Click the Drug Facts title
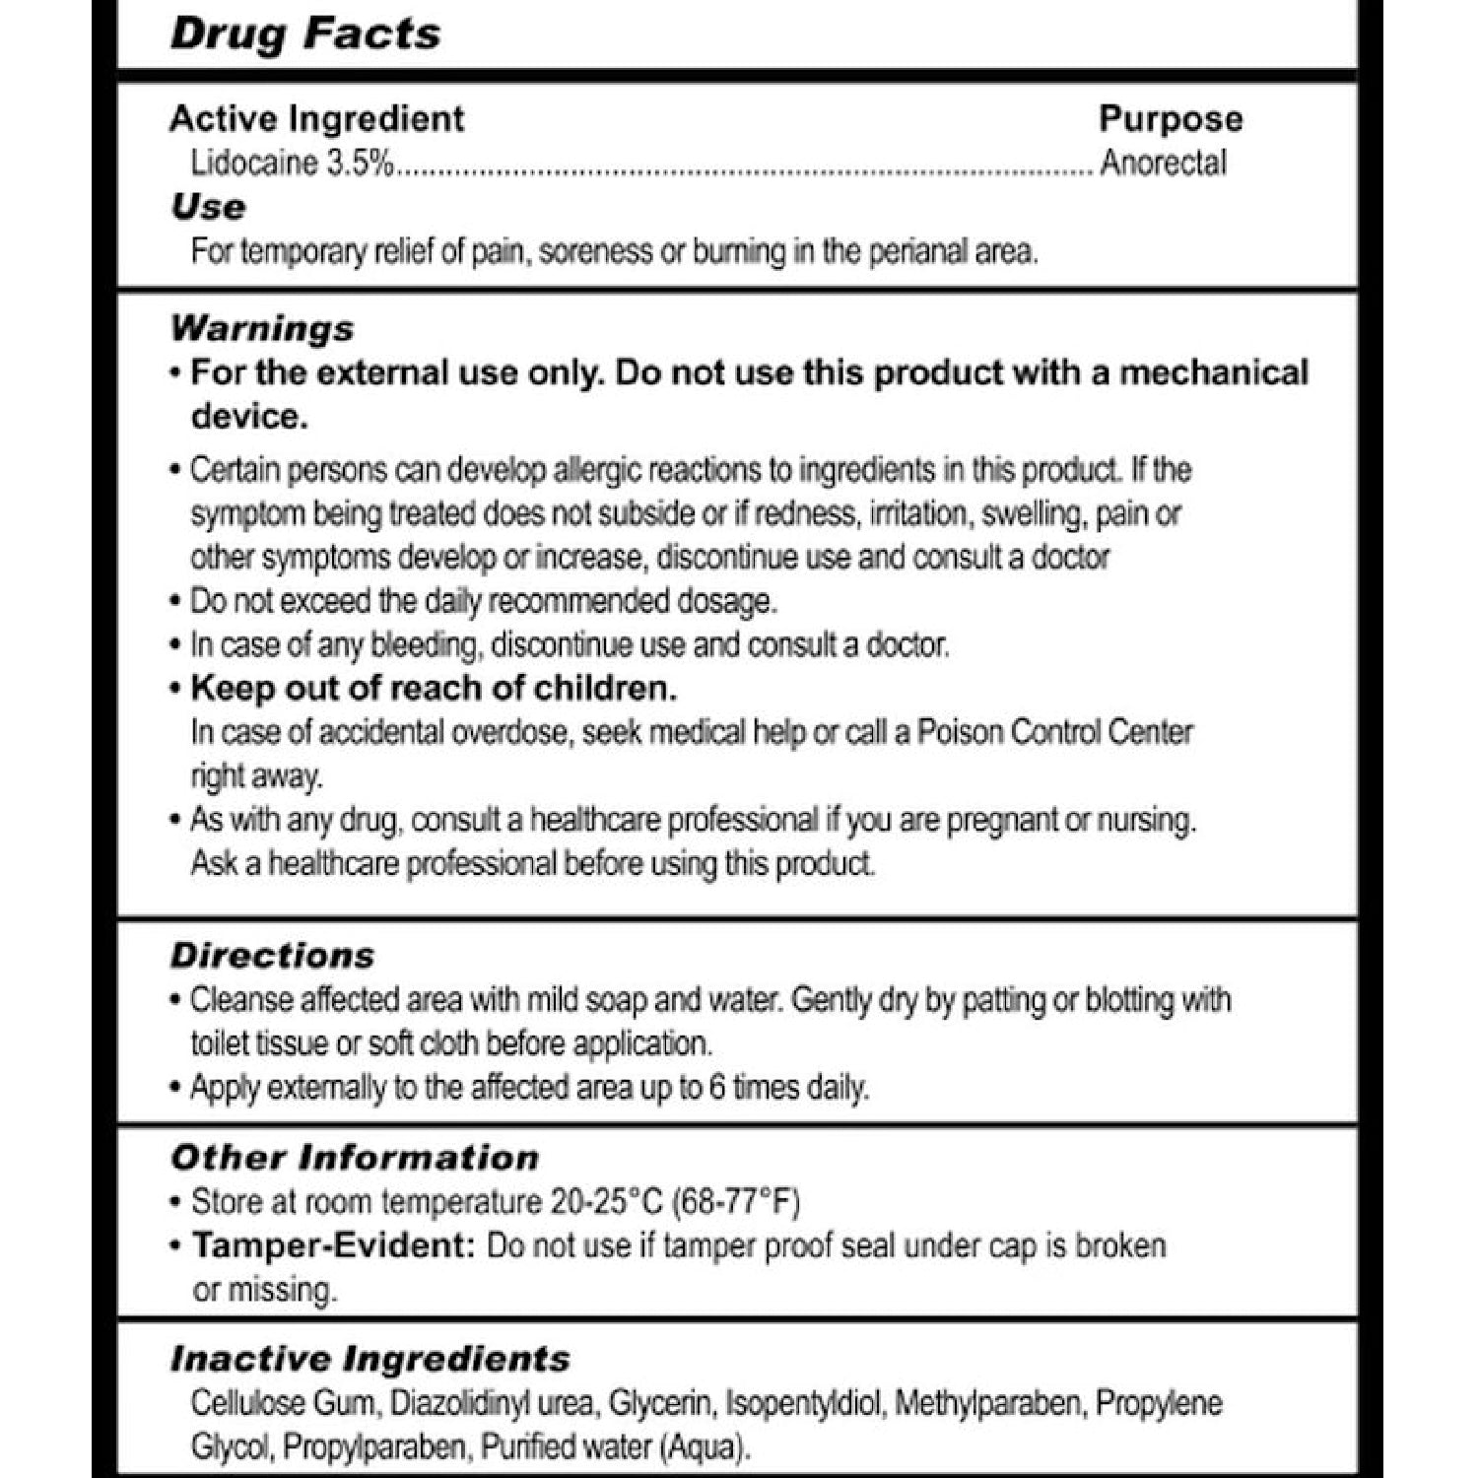click(x=305, y=34)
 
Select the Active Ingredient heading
click(x=316, y=118)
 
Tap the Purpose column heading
click(x=1171, y=119)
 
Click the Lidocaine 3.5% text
click(x=292, y=163)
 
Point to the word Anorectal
click(x=1163, y=163)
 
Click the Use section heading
click(x=208, y=207)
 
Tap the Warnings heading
click(x=262, y=328)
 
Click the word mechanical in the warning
click(x=1213, y=373)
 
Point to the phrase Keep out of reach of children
click(x=434, y=688)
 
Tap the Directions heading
click(x=272, y=955)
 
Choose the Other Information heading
click(x=355, y=1157)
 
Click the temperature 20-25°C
click(x=603, y=1202)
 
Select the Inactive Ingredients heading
click(x=370, y=1359)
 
